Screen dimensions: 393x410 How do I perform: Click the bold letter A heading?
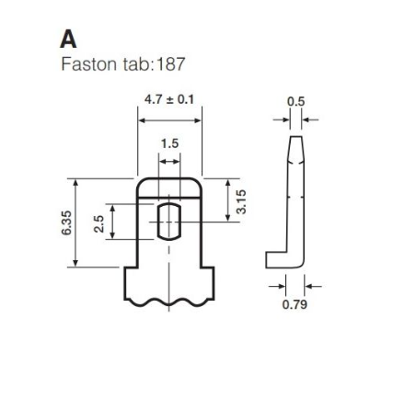point(68,40)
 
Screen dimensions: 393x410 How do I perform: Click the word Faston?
point(89,64)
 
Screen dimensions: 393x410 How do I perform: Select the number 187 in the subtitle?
point(170,64)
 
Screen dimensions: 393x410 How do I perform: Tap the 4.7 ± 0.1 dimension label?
point(169,99)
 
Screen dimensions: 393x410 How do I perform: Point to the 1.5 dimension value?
point(169,143)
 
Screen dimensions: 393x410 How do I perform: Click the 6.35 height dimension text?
point(66,222)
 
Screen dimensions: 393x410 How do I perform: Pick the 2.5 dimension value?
point(99,224)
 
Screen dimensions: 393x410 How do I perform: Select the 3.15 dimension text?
point(241,201)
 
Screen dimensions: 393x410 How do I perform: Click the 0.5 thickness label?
point(296,101)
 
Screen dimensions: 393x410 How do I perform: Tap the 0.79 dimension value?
point(295,304)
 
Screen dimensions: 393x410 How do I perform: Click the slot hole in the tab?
point(169,222)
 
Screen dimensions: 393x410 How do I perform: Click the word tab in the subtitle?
point(136,64)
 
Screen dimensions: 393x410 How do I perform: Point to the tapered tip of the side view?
point(296,148)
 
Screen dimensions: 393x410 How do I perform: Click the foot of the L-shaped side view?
point(277,260)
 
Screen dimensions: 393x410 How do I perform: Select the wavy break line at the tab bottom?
point(169,302)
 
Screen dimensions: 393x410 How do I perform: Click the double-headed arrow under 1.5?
point(169,162)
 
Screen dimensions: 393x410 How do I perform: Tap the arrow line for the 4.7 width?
point(169,120)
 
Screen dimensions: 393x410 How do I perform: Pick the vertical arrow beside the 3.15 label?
point(228,200)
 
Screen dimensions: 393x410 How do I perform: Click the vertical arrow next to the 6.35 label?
point(75,222)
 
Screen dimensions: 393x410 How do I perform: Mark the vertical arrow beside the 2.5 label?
point(112,222)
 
